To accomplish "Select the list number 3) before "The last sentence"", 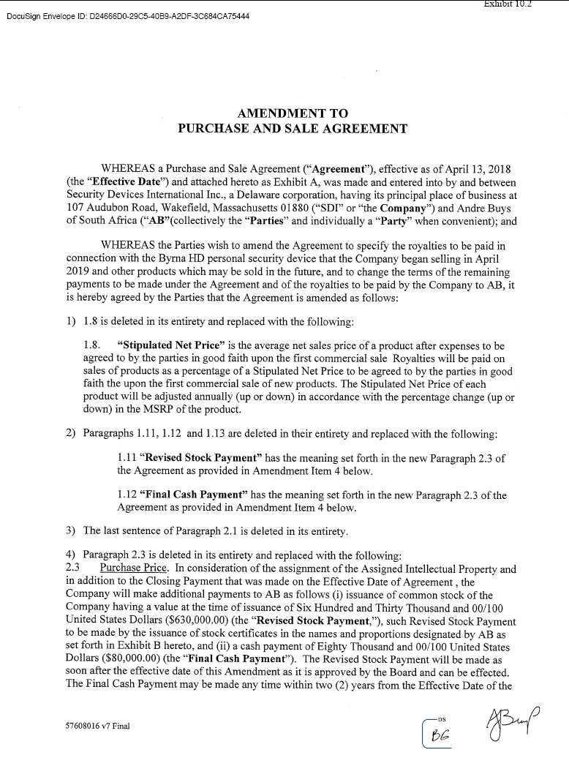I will coord(70,530).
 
